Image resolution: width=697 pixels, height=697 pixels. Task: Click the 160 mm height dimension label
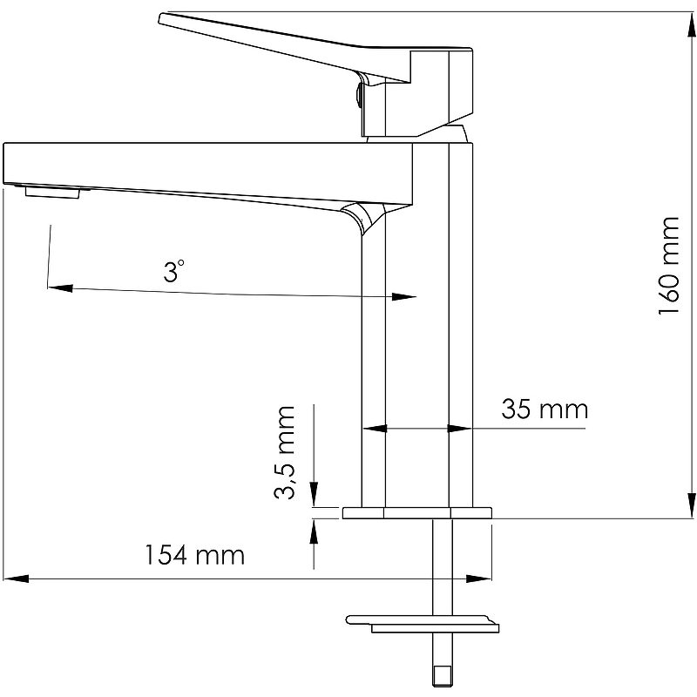point(669,266)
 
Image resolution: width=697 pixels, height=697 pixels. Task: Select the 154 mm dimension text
point(194,555)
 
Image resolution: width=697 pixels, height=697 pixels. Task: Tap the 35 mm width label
point(545,409)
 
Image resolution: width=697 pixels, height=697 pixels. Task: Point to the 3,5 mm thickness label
point(285,452)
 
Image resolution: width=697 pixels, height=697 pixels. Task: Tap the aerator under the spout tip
point(52,193)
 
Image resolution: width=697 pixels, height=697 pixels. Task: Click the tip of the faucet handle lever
point(161,18)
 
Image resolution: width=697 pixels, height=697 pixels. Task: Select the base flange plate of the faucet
point(417,512)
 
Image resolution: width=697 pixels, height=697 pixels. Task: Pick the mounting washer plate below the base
point(423,624)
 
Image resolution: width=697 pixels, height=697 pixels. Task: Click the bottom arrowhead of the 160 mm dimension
point(691,505)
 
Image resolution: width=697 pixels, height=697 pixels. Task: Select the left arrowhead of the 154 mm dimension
point(16,579)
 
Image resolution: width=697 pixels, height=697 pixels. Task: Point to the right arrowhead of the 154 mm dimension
point(478,579)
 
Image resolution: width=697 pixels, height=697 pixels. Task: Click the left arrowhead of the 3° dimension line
point(60,288)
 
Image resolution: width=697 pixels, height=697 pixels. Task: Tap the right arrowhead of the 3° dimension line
point(404,296)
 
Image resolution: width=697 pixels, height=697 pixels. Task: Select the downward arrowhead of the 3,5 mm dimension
point(314,494)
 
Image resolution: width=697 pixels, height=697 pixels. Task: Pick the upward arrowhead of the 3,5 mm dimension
point(314,531)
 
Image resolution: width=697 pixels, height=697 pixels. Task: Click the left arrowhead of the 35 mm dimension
point(375,429)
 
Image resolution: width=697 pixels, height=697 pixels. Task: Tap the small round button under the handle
point(356,95)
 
